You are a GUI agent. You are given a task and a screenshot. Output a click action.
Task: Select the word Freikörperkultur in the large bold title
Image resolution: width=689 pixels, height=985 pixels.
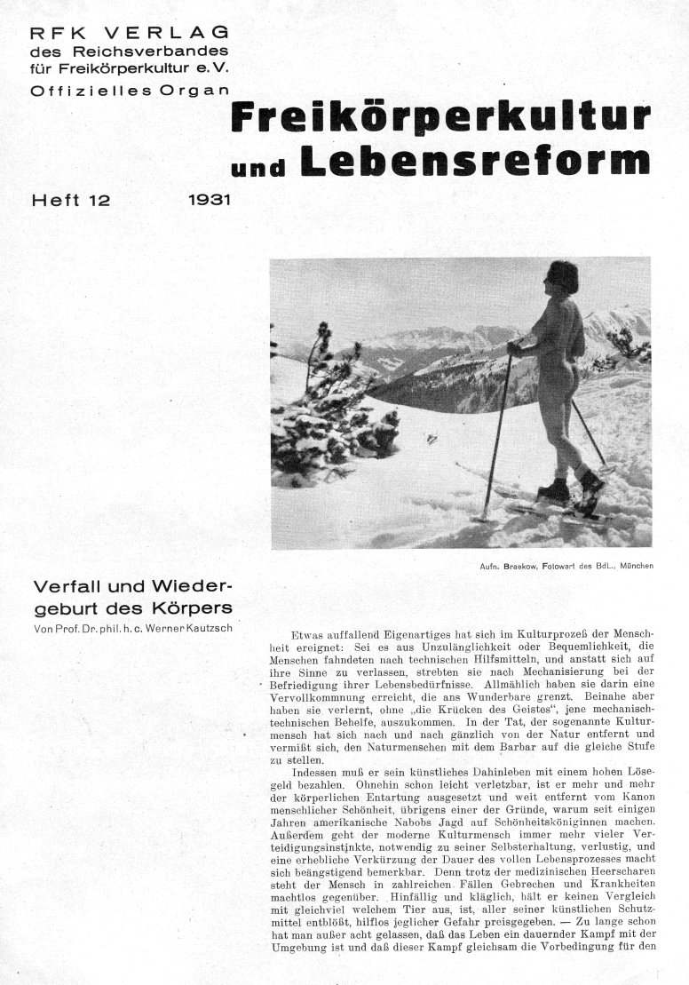tap(440, 119)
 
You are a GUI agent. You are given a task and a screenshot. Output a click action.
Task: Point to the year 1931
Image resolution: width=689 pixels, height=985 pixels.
tap(210, 200)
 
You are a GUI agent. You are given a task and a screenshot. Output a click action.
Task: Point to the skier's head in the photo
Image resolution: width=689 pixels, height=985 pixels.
tap(563, 277)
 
